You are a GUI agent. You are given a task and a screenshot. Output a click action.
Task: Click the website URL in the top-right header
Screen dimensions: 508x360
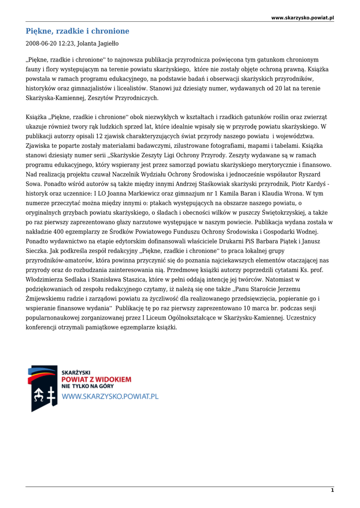tap(302, 18)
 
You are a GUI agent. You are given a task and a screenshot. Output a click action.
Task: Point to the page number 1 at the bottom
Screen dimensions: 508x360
tap(332, 490)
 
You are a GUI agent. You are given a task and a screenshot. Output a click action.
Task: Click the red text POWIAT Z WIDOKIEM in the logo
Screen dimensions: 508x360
tap(96, 379)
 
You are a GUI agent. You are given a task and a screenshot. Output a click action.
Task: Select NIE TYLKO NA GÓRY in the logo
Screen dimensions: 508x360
tap(87, 386)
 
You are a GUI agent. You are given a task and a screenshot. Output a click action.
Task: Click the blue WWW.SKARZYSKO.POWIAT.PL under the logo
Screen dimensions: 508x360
tap(110, 396)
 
